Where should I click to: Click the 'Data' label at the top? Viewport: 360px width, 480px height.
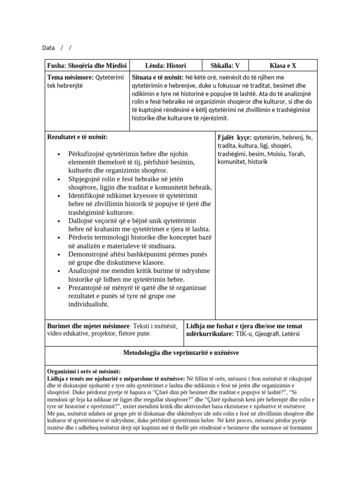48,48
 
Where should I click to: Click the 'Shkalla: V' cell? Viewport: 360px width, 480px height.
225,66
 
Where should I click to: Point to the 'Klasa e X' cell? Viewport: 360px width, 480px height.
283,66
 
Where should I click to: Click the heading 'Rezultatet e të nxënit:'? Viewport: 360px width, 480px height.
77,137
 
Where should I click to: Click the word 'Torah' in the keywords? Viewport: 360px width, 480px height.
296,154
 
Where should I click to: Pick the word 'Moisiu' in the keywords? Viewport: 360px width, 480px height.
272,154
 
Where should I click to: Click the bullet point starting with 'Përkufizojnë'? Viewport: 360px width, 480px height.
91,154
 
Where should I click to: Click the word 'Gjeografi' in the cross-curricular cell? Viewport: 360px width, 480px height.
266,334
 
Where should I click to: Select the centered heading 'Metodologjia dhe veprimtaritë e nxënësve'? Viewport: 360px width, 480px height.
181,352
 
